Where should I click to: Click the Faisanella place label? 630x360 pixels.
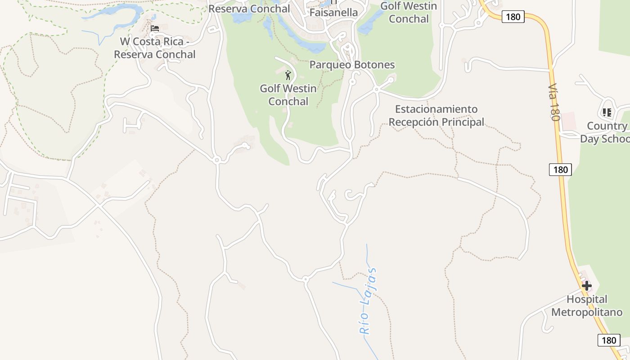tap(333, 13)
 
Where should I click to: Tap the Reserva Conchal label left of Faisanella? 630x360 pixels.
tap(249, 9)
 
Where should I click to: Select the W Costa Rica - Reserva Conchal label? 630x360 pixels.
tap(154, 48)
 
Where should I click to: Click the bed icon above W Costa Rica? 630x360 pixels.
tap(155, 28)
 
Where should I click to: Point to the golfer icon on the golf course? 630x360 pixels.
tap(288, 75)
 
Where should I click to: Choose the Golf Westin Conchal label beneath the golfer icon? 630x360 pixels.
tap(288, 95)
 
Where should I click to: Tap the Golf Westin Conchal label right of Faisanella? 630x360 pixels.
tap(409, 13)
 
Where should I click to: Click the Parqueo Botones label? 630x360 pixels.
tap(352, 64)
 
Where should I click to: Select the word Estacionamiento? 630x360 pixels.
tap(436, 109)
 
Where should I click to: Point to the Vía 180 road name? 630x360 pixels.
tap(553, 102)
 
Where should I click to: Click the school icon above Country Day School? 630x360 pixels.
tap(607, 112)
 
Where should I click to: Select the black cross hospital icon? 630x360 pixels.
tap(586, 285)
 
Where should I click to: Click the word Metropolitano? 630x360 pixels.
tap(587, 312)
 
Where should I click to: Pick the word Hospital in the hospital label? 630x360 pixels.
tap(587, 299)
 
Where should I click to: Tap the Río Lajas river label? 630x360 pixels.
tap(368, 301)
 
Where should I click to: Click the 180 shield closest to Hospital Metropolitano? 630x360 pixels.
tap(608, 340)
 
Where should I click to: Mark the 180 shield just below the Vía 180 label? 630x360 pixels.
tap(560, 170)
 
